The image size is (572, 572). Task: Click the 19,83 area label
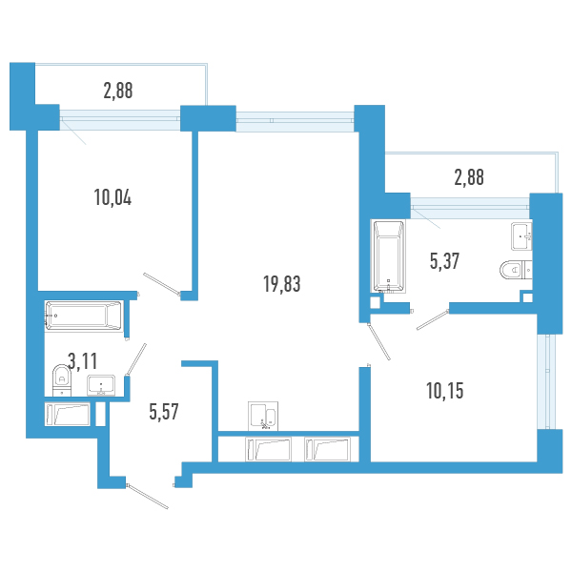[x=282, y=284]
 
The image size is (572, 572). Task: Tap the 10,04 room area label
[x=112, y=197]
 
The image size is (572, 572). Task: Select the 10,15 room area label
[x=445, y=391]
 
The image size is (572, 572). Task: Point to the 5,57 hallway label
[x=164, y=412]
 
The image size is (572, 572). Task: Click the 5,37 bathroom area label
[x=444, y=261]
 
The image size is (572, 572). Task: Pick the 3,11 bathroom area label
[x=83, y=361]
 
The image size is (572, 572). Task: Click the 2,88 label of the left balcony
[x=118, y=91]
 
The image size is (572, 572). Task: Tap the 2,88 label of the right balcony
[x=469, y=177]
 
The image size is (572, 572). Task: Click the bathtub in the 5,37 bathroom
[x=389, y=256]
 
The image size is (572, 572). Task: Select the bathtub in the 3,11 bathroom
[x=84, y=316]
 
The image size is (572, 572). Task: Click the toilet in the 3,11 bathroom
[x=62, y=380]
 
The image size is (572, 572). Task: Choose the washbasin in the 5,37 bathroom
[x=521, y=236]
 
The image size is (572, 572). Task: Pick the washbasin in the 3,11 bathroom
[x=101, y=385]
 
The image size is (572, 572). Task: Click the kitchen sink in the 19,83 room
[x=263, y=417]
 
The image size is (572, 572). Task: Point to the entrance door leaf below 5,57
[x=148, y=497]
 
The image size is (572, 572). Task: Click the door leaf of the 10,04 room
[x=162, y=284]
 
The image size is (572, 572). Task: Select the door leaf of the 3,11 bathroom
[x=136, y=359]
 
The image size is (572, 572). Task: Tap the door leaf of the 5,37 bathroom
[x=433, y=319]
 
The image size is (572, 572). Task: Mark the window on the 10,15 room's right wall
[x=546, y=381]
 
